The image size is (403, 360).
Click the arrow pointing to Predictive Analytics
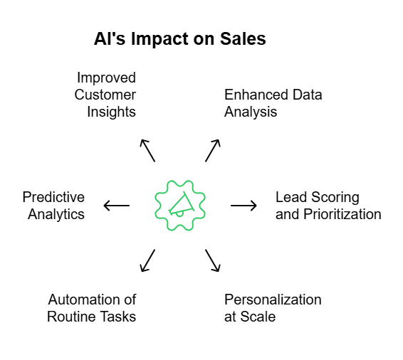pos(117,206)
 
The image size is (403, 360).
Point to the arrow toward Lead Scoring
pos(244,206)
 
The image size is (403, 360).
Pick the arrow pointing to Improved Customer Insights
pos(148,150)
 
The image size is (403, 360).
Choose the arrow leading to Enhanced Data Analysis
pos(213,150)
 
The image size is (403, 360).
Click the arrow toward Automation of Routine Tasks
pos(148,260)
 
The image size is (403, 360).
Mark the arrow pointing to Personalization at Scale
pos(213,260)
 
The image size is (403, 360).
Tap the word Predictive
pos(53,197)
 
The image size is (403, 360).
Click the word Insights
pos(111,112)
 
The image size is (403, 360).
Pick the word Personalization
pos(273,300)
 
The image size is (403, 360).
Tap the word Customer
pos(105,95)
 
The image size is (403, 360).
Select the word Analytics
pos(56,214)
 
